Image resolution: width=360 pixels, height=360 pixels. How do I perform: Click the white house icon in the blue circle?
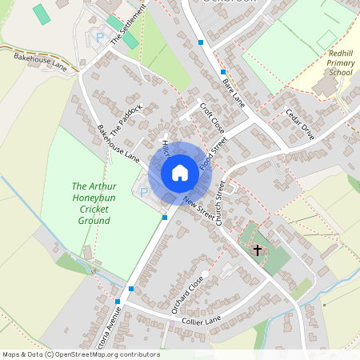pos(179,173)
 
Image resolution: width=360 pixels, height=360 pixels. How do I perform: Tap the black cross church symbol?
pos(258,250)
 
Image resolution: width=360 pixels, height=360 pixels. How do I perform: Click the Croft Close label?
pos(213,117)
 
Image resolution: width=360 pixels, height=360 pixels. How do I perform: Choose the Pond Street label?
pos(214,151)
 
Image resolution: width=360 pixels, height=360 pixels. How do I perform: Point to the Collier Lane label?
pos(202,321)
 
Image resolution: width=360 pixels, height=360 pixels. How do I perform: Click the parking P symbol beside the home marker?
pos(144,192)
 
